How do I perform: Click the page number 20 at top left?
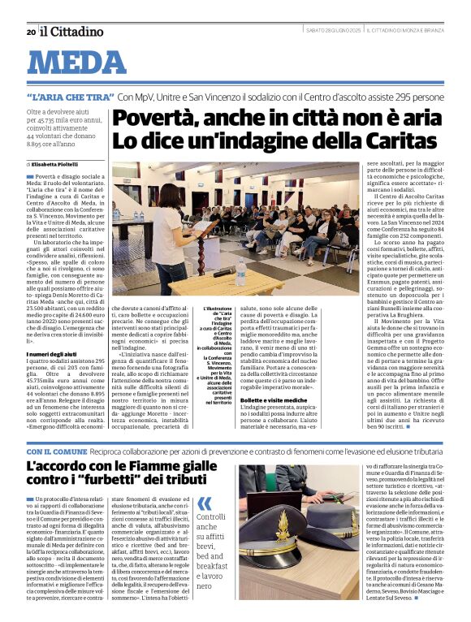(x=30, y=32)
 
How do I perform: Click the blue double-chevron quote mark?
(x=204, y=503)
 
